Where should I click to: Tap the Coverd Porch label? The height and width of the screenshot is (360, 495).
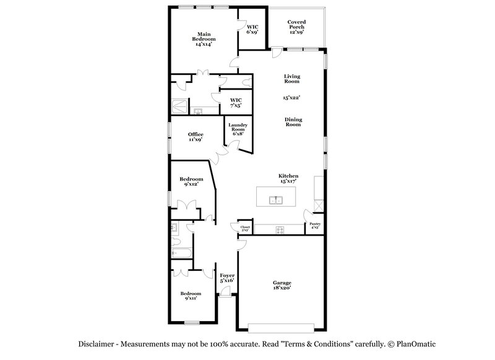[296, 27]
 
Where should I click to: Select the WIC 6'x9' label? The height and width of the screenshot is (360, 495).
[252, 30]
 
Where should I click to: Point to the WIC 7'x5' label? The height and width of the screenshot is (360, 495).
[236, 102]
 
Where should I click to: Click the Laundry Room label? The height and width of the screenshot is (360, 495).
[239, 129]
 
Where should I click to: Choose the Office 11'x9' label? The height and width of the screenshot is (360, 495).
[196, 137]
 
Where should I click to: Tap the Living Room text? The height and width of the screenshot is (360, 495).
[292, 79]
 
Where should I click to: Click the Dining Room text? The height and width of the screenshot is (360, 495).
[293, 122]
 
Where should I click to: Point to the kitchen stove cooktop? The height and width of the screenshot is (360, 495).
[280, 230]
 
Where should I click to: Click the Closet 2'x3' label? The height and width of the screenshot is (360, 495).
[245, 228]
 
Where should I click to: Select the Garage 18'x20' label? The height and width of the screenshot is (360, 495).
[282, 285]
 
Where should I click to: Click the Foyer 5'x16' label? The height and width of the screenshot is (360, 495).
[226, 278]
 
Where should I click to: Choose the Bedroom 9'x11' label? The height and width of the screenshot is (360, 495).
[191, 296]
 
